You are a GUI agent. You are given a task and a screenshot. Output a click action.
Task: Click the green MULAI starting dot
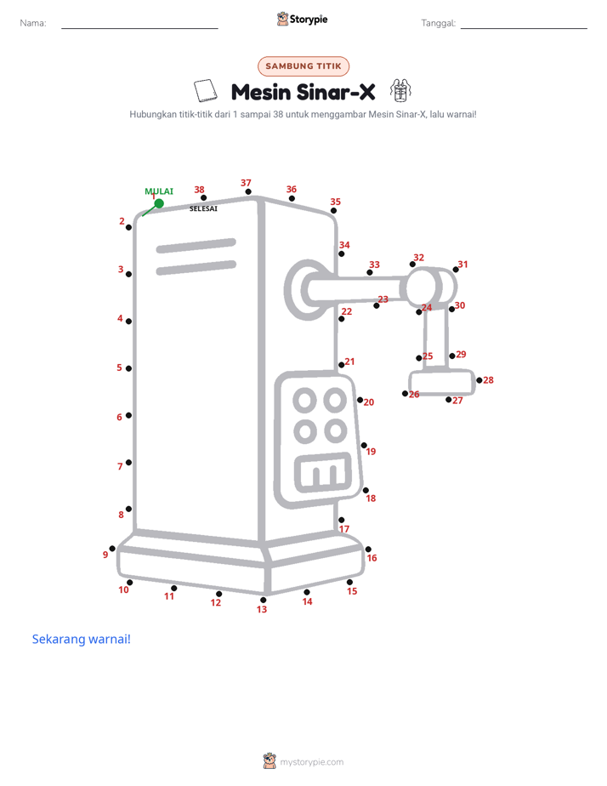pos(159,203)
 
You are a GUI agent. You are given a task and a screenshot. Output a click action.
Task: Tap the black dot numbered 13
pos(263,600)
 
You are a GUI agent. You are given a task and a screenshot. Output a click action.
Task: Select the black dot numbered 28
pos(479,380)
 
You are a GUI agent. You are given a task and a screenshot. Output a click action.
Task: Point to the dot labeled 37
pos(248,191)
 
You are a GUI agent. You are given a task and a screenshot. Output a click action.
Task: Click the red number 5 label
pos(119,367)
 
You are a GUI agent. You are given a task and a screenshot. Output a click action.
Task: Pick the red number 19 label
pos(371,451)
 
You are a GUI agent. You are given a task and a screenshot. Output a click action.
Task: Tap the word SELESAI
pos(203,208)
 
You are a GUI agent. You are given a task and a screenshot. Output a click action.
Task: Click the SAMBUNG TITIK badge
pos(303,66)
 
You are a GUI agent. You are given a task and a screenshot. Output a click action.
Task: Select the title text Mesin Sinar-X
pos(303,92)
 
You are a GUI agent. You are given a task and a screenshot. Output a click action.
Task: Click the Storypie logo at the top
pos(302,19)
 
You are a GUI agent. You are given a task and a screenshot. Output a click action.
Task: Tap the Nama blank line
pos(139,28)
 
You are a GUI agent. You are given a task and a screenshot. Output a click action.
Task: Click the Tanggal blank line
pos(524,28)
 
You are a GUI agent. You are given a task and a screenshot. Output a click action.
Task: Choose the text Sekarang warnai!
pos(81,639)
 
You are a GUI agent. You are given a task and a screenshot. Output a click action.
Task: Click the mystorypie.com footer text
pos(311,762)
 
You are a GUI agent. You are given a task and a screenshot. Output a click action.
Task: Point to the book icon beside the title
pos(206,90)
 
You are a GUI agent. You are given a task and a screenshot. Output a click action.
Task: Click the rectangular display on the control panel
pos(323,472)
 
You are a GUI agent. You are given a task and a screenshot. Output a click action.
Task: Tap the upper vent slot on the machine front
pos(196,246)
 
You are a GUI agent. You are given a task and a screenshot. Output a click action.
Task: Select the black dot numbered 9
pos(112,549)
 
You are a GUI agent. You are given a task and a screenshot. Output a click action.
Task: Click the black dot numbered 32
pos(412,265)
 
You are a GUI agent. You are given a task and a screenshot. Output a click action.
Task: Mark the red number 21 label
pos(349,362)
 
